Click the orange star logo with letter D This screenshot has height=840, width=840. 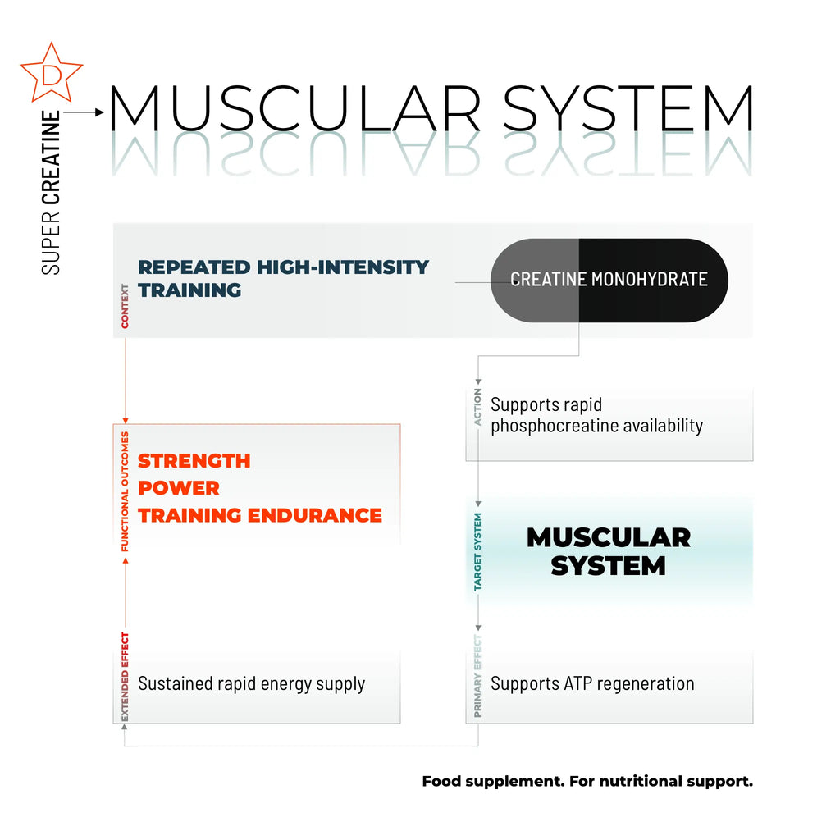pos(52,73)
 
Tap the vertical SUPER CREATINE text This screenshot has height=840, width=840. pos(51,193)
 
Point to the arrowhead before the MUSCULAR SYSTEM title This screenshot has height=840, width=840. pos(99,112)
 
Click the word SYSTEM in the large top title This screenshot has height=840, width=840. pos(628,108)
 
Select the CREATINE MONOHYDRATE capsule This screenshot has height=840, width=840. pos(609,281)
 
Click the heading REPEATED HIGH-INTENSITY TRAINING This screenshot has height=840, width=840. pos(283,279)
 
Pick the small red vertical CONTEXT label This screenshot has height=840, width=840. pos(125,306)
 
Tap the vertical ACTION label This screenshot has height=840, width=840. pos(477,407)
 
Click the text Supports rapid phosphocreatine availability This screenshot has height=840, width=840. pos(597,415)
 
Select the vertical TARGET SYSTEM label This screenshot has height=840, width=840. pos(477,552)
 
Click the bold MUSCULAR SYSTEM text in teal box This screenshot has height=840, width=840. pos(609,552)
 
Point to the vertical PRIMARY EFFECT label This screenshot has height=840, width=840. pos(477,676)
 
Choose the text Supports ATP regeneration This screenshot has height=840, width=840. pos(592,683)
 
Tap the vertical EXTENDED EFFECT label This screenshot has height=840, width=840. pos(125,677)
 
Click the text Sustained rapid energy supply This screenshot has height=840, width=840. pos(251,684)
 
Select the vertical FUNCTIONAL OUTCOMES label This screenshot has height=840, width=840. pos(125,491)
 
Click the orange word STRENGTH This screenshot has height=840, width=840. pos(194,461)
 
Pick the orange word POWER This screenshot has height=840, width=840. pos(178,488)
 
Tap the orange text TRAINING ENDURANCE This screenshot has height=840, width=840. pos(260,515)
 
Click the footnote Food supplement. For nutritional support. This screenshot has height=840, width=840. pos(587,782)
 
